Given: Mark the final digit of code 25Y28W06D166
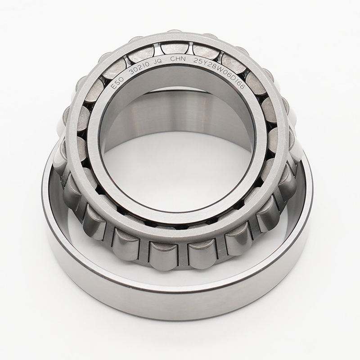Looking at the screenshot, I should [244, 89].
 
